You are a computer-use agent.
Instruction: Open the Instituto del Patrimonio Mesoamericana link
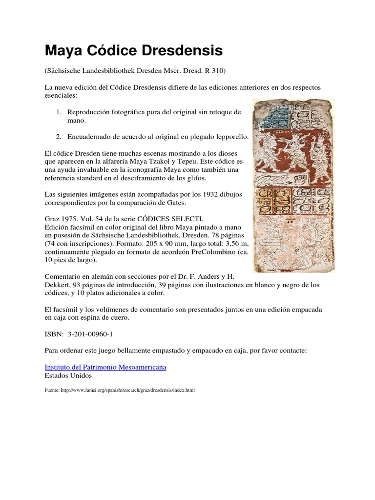point(105,367)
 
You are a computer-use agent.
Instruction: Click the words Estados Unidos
point(68,375)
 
